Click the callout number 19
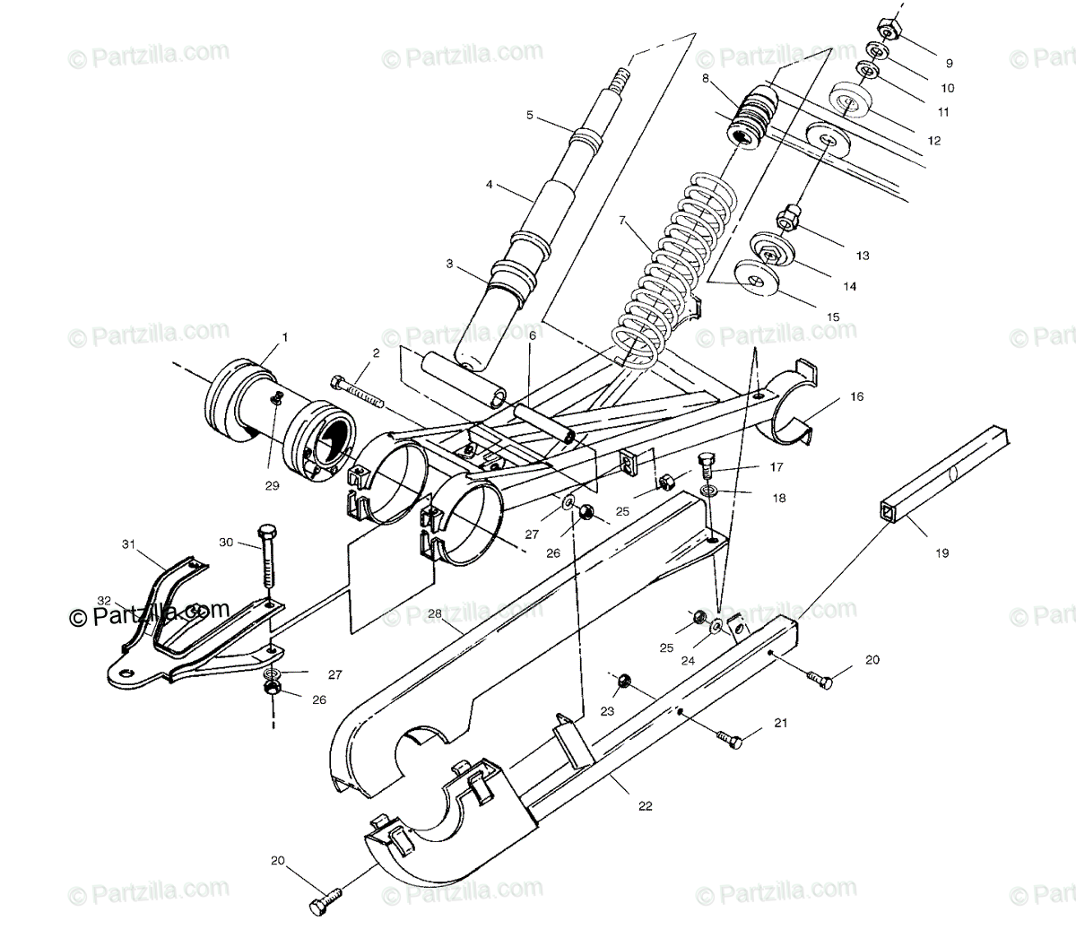pyautogui.click(x=941, y=553)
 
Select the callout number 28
pyautogui.click(x=435, y=613)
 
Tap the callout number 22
pyautogui.click(x=646, y=806)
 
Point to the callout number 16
pyautogui.click(x=857, y=396)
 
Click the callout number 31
pyautogui.click(x=128, y=543)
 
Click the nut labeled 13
pyautogui.click(x=789, y=216)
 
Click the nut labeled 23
pyautogui.click(x=619, y=685)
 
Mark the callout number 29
pyautogui.click(x=272, y=486)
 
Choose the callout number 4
pyautogui.click(x=490, y=186)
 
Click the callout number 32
pyautogui.click(x=104, y=601)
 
